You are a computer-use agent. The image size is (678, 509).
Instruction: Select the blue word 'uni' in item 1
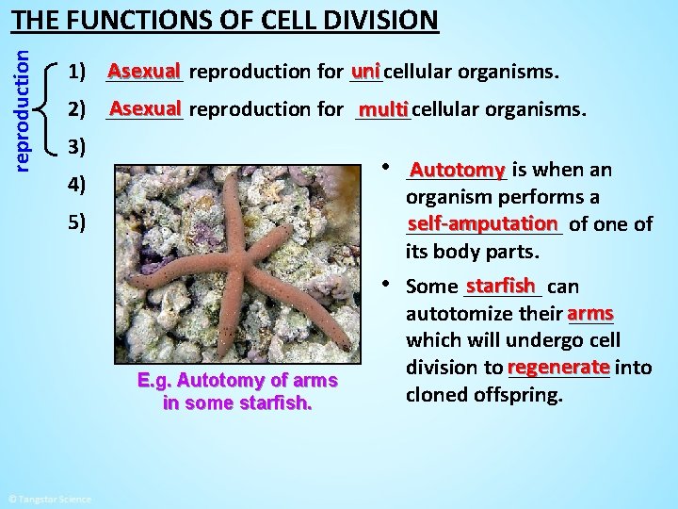coord(365,71)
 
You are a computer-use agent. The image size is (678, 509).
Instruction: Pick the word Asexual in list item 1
coord(144,71)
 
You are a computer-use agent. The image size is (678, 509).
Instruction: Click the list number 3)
coord(78,146)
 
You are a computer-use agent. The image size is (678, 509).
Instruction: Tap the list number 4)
coord(78,184)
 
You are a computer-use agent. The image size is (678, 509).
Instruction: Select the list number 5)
coord(78,222)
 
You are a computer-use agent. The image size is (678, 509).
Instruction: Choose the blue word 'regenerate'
coord(558,367)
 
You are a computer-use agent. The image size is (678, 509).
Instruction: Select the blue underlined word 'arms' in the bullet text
coord(590,312)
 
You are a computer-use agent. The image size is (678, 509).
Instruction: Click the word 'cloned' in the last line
coord(434,394)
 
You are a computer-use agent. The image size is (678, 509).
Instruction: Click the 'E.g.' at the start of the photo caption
coord(153,381)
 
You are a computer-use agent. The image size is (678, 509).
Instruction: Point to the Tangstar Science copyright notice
coord(49,499)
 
